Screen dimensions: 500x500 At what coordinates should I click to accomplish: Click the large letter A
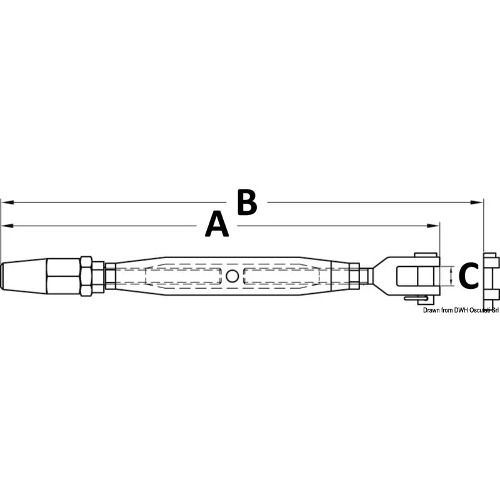click(217, 224)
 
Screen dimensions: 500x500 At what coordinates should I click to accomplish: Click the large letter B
click(247, 202)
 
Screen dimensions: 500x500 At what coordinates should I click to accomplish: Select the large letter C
click(468, 276)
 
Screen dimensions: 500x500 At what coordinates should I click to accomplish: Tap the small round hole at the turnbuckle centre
click(232, 276)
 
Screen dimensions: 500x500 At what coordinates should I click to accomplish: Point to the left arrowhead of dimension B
click(7, 202)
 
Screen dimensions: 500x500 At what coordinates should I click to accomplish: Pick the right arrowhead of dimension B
click(477, 202)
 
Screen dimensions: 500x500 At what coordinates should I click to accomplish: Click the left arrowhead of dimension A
click(7, 226)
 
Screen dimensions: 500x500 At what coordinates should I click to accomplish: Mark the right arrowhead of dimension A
click(433, 226)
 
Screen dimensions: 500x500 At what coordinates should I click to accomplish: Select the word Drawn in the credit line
click(431, 310)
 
